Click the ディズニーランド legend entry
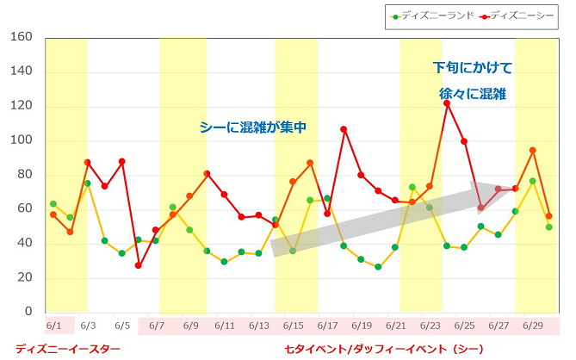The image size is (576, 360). [x=430, y=16]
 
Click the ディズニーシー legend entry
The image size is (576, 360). [x=520, y=16]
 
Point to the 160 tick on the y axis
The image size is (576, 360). [x=21, y=37]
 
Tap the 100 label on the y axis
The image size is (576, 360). [x=21, y=140]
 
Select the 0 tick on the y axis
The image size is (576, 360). [x=28, y=312]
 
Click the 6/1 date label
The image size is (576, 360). [x=53, y=326]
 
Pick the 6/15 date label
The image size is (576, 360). [x=293, y=326]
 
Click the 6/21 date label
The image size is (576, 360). [x=395, y=326]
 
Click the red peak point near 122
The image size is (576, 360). [x=447, y=103]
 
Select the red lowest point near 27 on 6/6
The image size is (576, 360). [x=139, y=265]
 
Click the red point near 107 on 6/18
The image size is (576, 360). [x=344, y=129]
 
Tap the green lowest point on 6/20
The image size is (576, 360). [x=378, y=267]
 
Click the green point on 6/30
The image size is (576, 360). [x=549, y=227]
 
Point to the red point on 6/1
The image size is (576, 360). [x=53, y=214]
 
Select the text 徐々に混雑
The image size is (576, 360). [x=472, y=93]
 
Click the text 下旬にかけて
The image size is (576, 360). [x=472, y=67]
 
